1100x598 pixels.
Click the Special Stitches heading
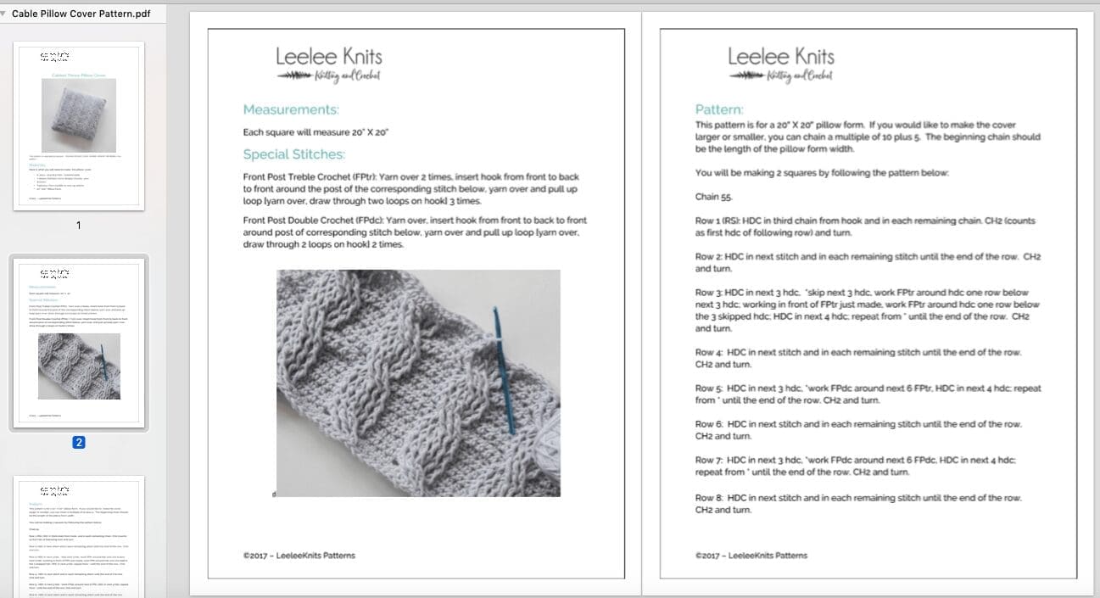[x=293, y=154]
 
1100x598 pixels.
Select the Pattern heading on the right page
[x=718, y=109]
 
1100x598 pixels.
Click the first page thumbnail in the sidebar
[x=79, y=127]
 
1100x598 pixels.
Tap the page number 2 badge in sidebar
[x=79, y=442]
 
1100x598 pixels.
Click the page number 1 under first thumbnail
[x=79, y=226]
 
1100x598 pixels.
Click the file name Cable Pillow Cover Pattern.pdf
[x=81, y=14]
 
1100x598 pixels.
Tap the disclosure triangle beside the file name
[x=4, y=14]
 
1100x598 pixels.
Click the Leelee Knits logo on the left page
[x=329, y=64]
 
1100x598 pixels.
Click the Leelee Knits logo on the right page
[x=781, y=64]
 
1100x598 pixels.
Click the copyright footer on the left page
[x=299, y=556]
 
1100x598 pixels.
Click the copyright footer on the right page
[x=751, y=556]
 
